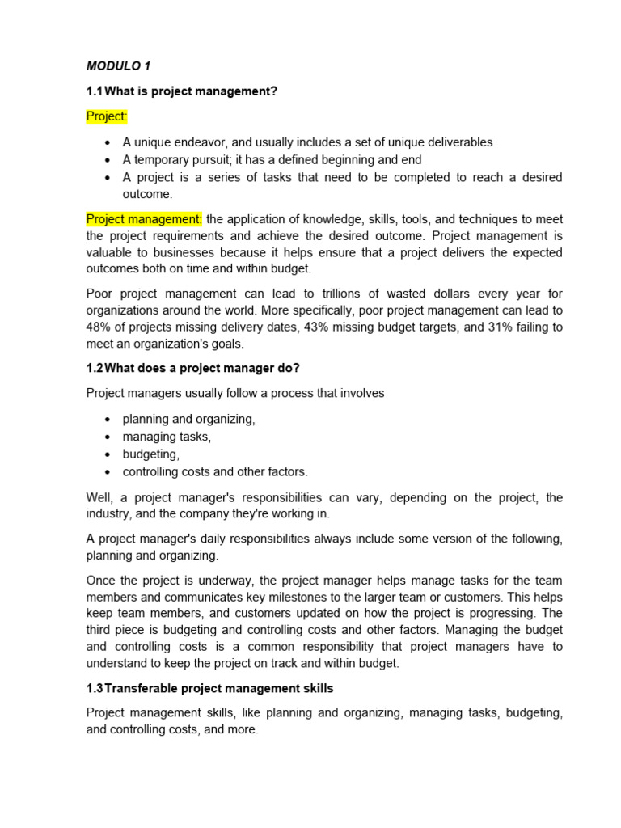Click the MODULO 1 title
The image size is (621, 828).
pos(118,65)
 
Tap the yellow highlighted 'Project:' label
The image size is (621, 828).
pos(107,116)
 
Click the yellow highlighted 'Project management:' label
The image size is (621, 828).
pos(144,219)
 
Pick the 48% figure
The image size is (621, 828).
pos(99,327)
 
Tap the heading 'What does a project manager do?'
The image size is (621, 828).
pos(202,368)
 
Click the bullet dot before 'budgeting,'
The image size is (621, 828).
pos(108,454)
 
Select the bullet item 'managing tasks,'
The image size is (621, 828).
pos(167,437)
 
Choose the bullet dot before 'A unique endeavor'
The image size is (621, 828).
pos(108,142)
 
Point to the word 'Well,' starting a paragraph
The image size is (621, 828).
pos(100,497)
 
